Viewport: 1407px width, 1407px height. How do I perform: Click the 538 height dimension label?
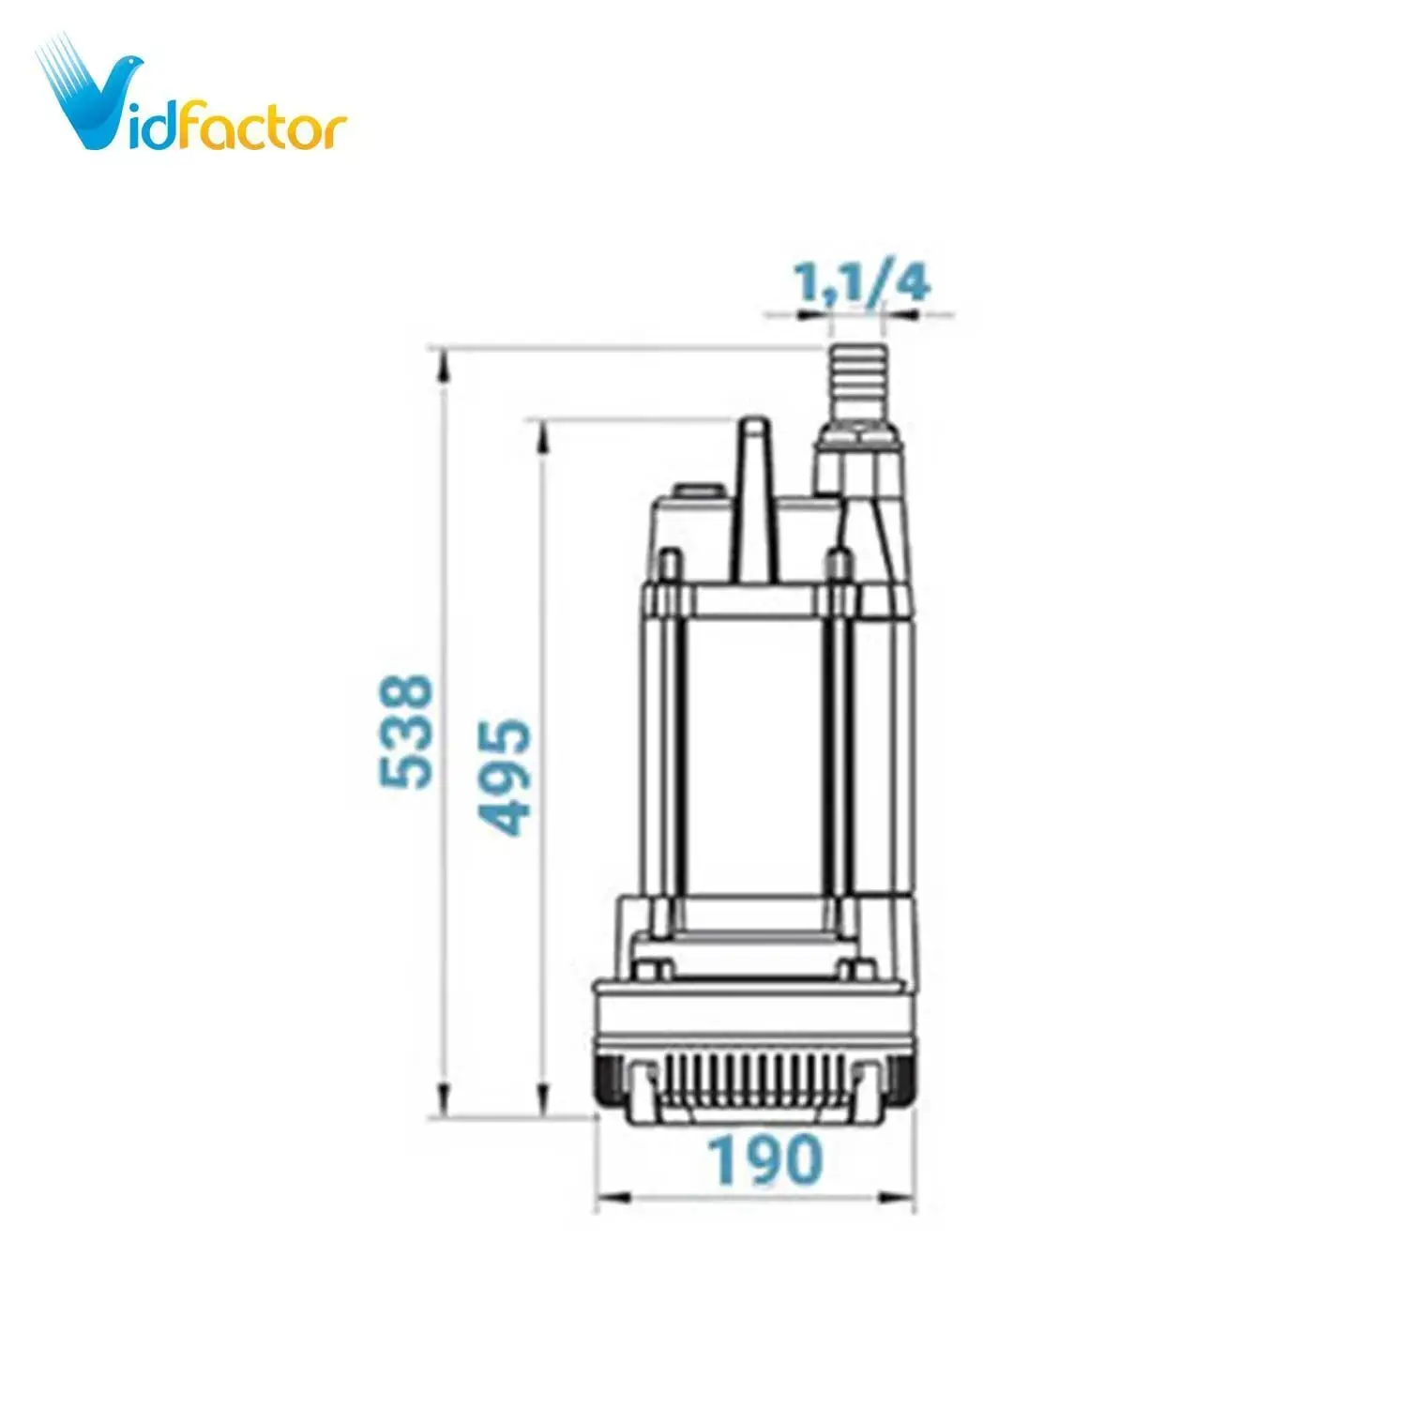pyautogui.click(x=406, y=731)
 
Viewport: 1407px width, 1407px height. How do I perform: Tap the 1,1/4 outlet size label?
pyautogui.click(x=862, y=283)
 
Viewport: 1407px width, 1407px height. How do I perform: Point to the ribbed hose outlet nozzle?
pyautogui.click(x=858, y=385)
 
